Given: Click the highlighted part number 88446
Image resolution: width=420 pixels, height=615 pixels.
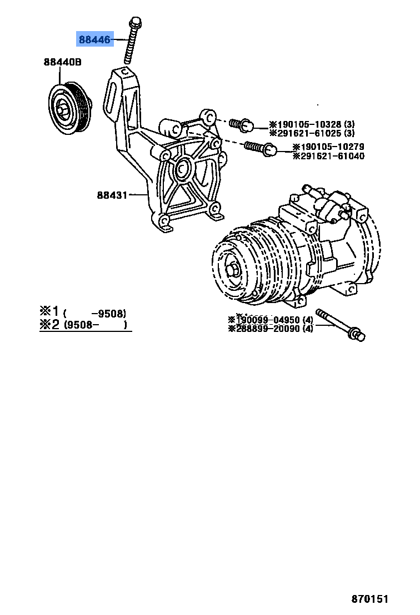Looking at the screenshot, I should tap(94, 39).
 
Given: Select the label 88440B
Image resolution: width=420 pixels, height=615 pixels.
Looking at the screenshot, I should tap(63, 63).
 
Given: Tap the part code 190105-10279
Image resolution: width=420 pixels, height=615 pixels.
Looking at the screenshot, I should tap(328, 147).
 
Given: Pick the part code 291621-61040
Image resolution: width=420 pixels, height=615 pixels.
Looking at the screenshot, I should tap(328, 156).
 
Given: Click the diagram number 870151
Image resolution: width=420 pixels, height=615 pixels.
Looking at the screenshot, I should tap(369, 599).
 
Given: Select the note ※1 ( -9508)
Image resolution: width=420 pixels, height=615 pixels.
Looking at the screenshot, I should tap(83, 312).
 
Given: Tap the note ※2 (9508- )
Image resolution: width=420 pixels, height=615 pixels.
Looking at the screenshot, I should tap(83, 325).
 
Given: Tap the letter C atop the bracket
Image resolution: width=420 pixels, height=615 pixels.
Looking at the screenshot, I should tap(125, 73).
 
